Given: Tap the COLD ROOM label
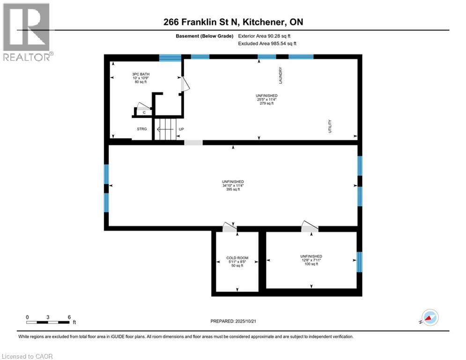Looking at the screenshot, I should [237, 258].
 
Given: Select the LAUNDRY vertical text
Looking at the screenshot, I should [281, 75].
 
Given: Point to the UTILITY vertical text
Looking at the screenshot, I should [330, 126].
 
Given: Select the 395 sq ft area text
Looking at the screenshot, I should [233, 190].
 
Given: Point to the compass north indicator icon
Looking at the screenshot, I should [429, 317].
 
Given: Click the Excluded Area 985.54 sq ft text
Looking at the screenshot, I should [267, 43].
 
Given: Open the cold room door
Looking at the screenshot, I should [229, 227].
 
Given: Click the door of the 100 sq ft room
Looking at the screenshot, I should [310, 227].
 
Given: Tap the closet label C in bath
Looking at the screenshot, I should [144, 112].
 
